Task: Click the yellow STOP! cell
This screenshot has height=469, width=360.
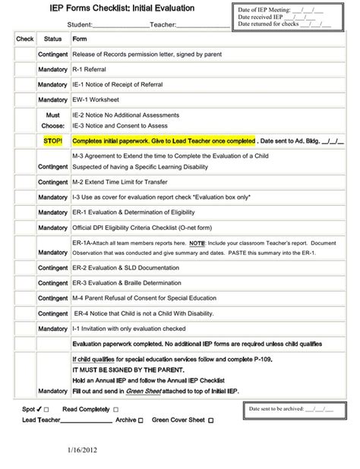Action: (x=52, y=140)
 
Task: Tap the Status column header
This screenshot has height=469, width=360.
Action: (x=52, y=38)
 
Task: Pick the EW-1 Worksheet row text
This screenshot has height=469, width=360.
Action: (x=99, y=99)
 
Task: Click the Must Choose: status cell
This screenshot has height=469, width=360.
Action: (x=52, y=119)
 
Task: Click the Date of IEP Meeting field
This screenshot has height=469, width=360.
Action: (x=282, y=9)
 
